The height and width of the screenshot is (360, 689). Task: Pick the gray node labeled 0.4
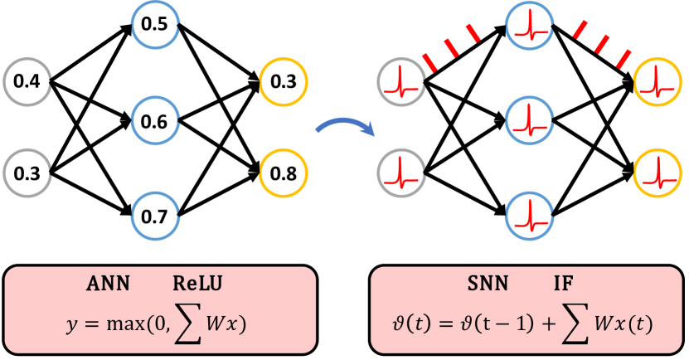point(27,81)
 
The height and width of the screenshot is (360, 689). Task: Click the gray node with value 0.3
point(27,173)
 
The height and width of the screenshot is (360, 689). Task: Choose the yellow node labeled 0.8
point(283,173)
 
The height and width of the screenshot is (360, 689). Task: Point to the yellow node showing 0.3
point(283,81)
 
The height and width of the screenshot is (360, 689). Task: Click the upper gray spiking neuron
point(401,81)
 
